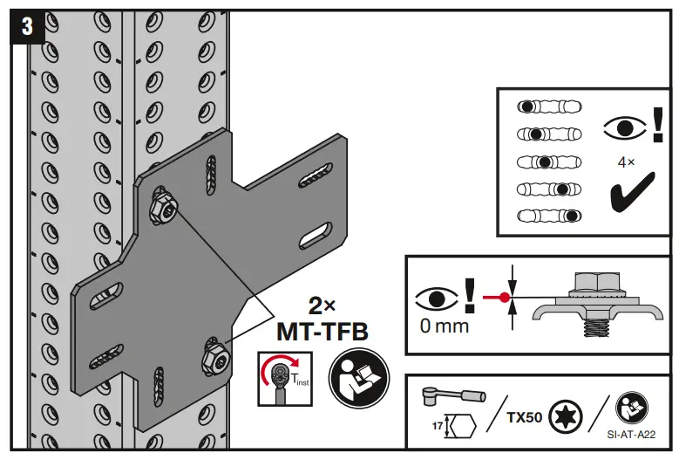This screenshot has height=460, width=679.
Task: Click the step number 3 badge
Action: [26, 26]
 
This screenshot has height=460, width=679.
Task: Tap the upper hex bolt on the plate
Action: [164, 205]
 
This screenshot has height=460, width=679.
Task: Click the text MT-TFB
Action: [321, 332]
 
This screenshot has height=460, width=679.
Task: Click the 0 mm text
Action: [444, 326]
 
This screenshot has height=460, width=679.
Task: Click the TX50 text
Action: [525, 416]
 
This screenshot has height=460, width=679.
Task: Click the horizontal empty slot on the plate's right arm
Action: [313, 237]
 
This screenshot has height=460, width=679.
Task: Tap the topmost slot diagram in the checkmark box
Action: [549, 106]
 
